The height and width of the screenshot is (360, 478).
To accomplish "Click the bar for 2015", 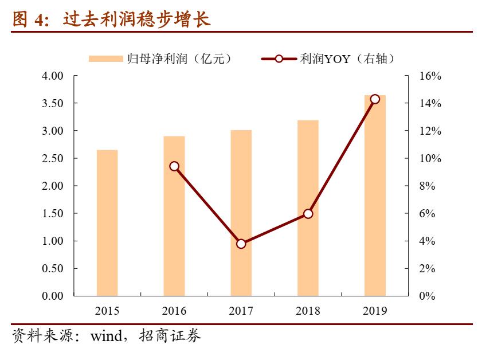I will tap(107, 223).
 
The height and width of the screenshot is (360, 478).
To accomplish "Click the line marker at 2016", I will tap(174, 166).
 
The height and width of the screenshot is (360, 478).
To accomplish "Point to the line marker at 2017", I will tap(241, 244).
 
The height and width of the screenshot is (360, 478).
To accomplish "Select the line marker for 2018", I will tap(308, 213).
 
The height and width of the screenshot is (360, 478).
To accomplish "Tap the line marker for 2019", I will tap(375, 99).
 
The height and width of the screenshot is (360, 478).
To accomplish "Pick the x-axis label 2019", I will tap(375, 311).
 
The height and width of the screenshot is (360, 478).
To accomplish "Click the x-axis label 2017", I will tap(241, 311).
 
